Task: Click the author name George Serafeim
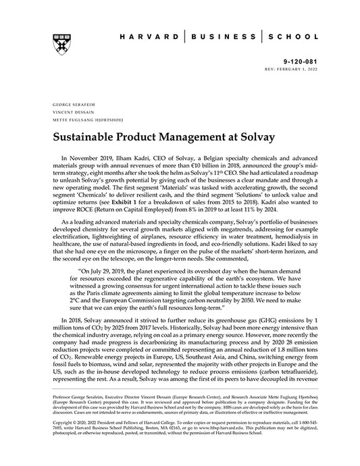coord(67,106)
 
